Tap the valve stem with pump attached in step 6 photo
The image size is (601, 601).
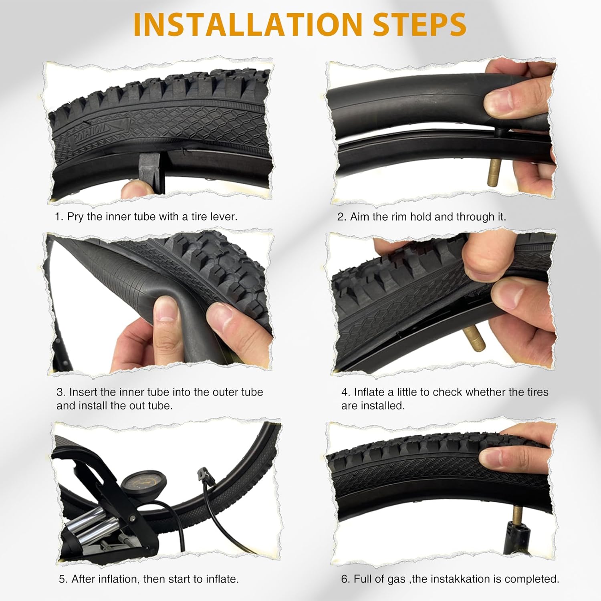pyautogui.click(x=516, y=517)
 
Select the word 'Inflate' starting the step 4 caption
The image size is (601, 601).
pyautogui.click(x=369, y=392)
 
